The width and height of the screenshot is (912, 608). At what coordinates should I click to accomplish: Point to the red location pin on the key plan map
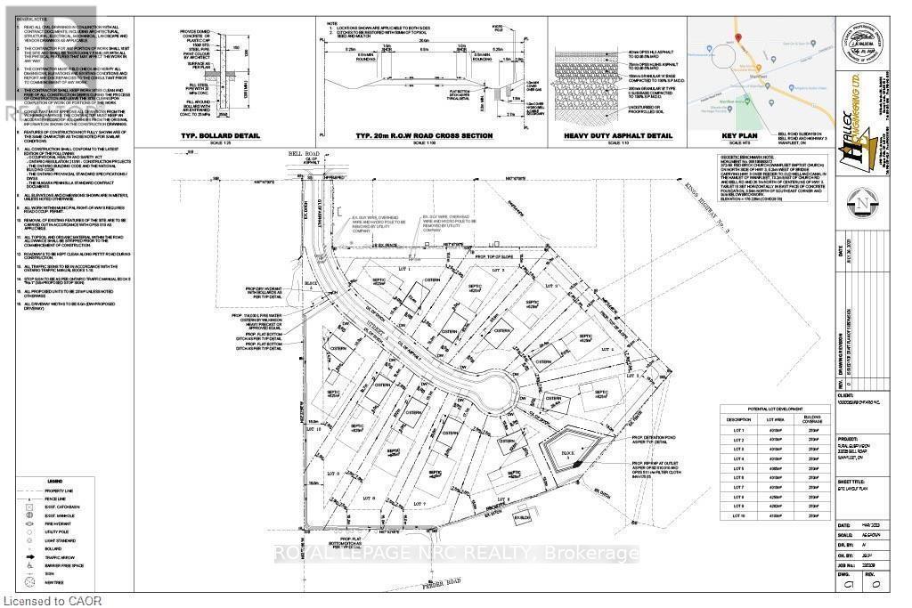738,35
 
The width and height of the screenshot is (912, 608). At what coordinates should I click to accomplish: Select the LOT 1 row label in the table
737,431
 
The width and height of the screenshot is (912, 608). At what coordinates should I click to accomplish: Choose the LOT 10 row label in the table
737,515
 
